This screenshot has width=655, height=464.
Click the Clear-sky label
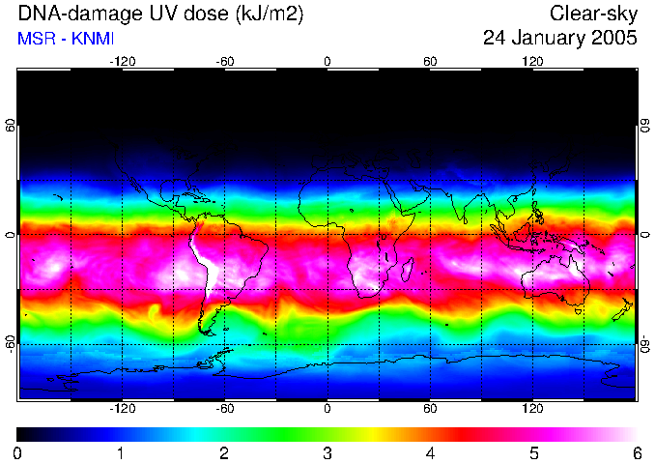pos(594,14)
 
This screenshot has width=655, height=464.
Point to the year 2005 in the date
pos(614,39)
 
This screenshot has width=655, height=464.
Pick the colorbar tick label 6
pos(636,452)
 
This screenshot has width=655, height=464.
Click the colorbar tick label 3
pos(327,452)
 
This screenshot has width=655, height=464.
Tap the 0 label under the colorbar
pos(18,452)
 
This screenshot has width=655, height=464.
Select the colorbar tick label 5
pos(533,452)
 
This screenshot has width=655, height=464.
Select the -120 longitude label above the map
pos(122,62)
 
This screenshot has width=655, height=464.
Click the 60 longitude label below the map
pos(430,408)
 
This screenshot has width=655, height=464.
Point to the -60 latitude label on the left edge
pos(11,343)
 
